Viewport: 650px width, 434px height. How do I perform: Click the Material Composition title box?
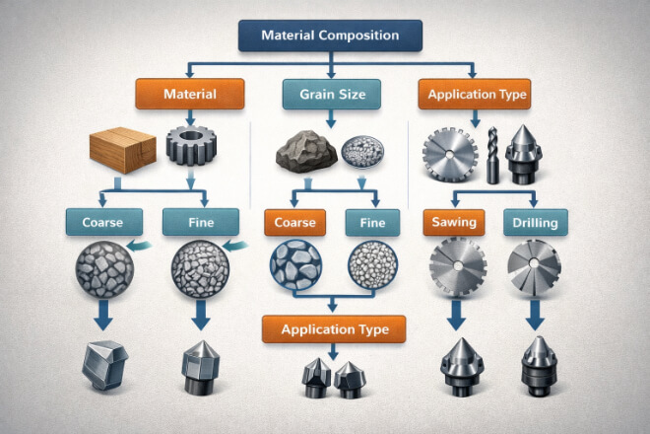coord(330,36)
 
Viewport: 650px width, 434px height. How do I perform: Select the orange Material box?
coord(188,95)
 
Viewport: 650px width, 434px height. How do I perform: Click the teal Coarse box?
coord(96,222)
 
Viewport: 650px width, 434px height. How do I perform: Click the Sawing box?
coord(453,223)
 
